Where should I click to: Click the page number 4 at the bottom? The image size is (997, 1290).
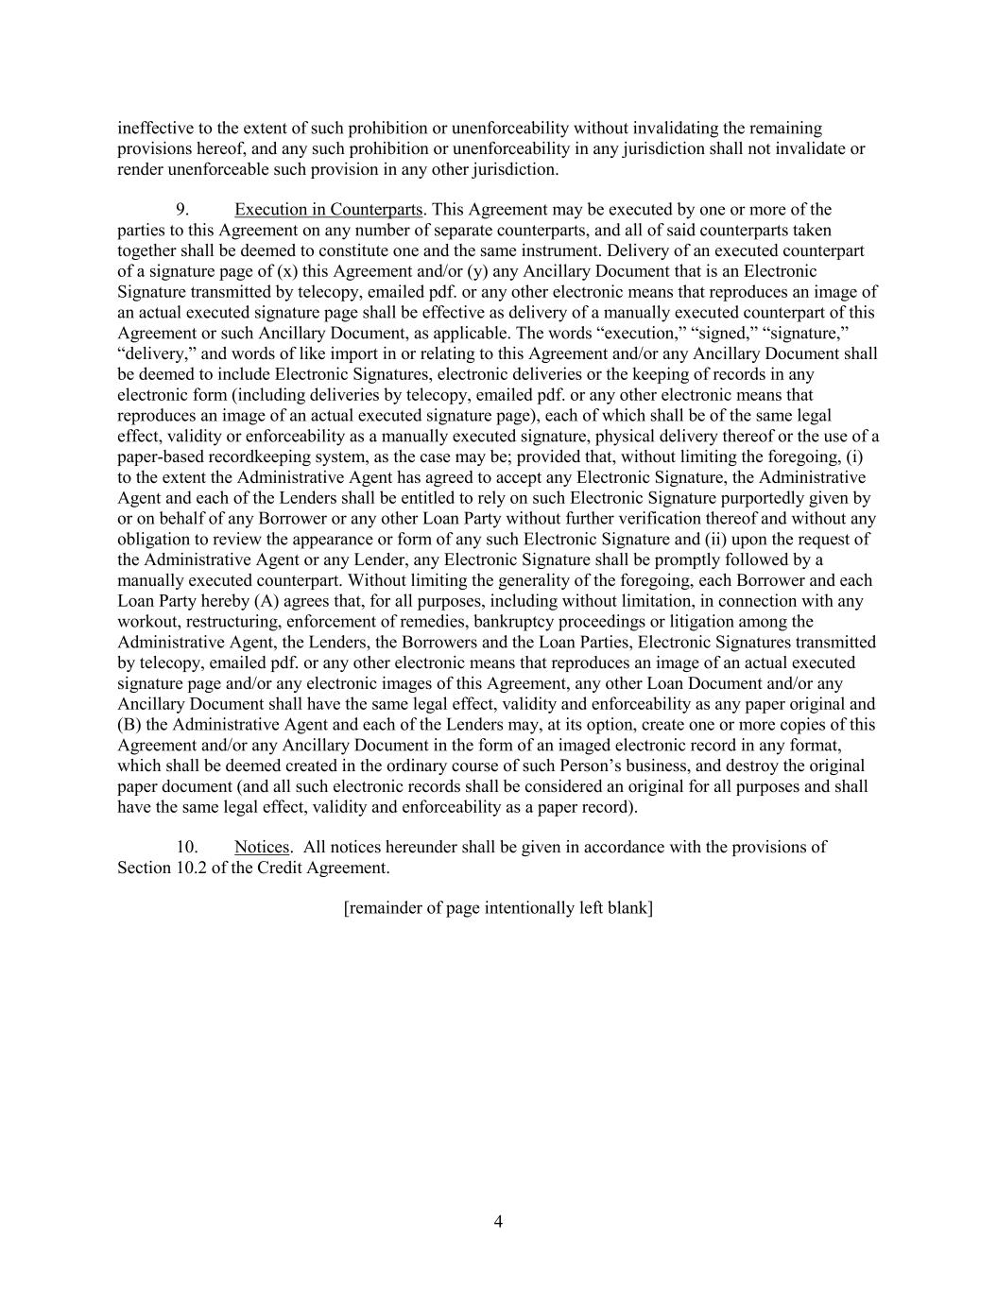pos(498,1222)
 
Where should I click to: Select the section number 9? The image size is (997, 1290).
pos(184,209)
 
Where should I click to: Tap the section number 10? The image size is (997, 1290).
pos(187,847)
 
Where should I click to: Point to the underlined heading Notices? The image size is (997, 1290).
pos(262,847)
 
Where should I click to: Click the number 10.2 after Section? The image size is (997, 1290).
pos(189,868)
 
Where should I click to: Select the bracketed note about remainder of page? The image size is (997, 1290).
pos(498,908)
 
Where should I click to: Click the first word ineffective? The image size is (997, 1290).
pos(155,128)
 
